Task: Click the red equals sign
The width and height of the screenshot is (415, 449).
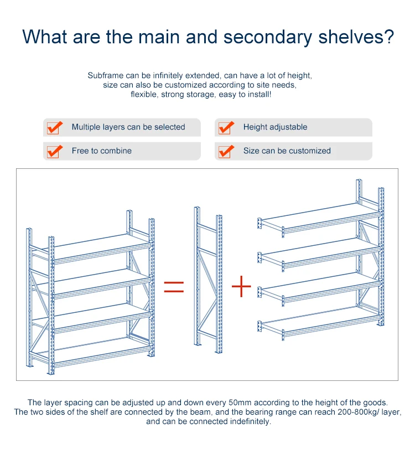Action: [174, 287]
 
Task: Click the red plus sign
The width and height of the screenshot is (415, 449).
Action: [241, 286]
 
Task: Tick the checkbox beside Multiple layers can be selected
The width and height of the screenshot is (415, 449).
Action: [54, 128]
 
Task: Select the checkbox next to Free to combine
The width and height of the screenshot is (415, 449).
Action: [54, 152]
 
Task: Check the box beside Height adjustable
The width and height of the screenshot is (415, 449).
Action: [226, 128]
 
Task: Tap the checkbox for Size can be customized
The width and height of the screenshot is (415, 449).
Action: [226, 152]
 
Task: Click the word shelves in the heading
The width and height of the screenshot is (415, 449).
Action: [356, 37]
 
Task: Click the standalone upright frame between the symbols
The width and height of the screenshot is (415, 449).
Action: [208, 280]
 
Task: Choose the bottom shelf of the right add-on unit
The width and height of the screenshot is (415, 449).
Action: [320, 321]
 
